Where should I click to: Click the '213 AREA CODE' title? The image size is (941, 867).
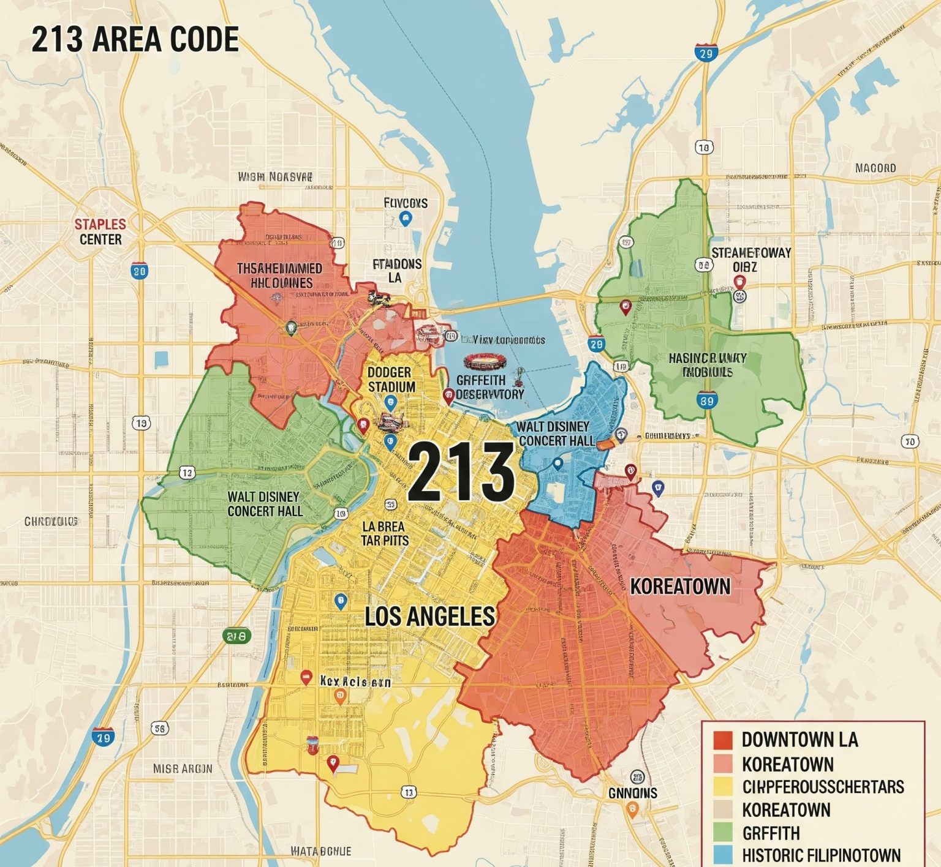[x=135, y=40]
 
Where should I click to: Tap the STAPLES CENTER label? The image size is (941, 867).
[x=100, y=231]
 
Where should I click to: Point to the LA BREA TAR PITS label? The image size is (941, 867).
[x=384, y=533]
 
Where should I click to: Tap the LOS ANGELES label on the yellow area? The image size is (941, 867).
[x=429, y=616]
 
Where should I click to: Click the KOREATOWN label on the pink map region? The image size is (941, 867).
[x=680, y=587]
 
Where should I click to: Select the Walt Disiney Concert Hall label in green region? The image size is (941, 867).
[x=265, y=503]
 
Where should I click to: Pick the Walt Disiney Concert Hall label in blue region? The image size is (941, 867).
[x=556, y=433]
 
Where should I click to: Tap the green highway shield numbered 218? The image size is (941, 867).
[x=236, y=636]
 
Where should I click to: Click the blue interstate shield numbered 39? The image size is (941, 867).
[x=706, y=401]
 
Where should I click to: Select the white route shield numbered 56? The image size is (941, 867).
[x=159, y=728]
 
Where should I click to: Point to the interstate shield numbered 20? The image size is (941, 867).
[x=139, y=270]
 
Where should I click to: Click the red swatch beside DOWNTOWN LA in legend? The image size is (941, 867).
[x=723, y=740]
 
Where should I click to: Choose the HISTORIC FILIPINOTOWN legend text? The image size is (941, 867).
[x=821, y=855]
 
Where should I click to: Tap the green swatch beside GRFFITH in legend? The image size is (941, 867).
[x=723, y=832]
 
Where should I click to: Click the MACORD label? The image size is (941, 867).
[x=875, y=168]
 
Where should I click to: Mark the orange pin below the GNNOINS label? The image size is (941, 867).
[x=632, y=810]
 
